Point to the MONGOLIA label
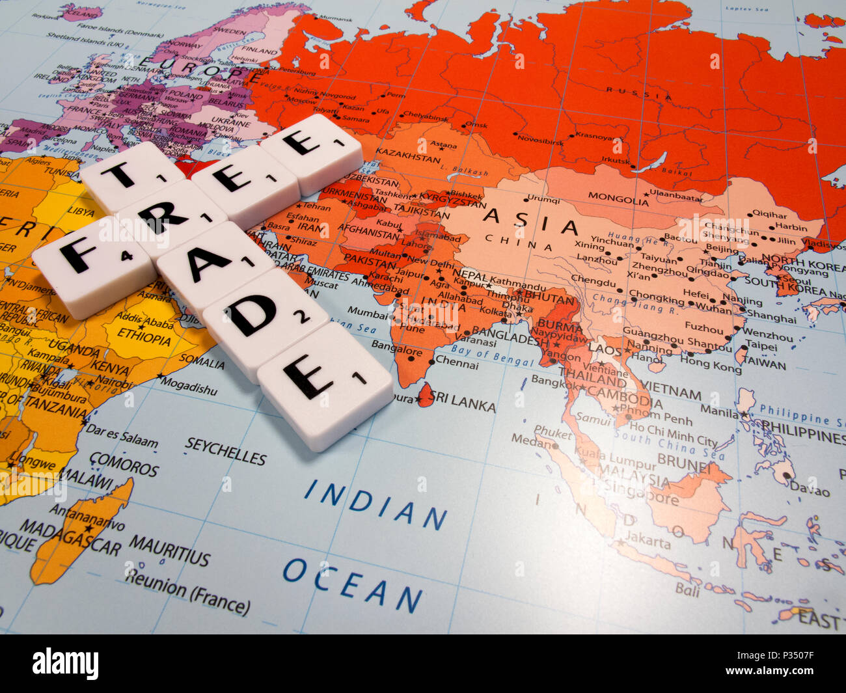618,198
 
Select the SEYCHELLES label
225,451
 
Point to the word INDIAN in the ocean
375,504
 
